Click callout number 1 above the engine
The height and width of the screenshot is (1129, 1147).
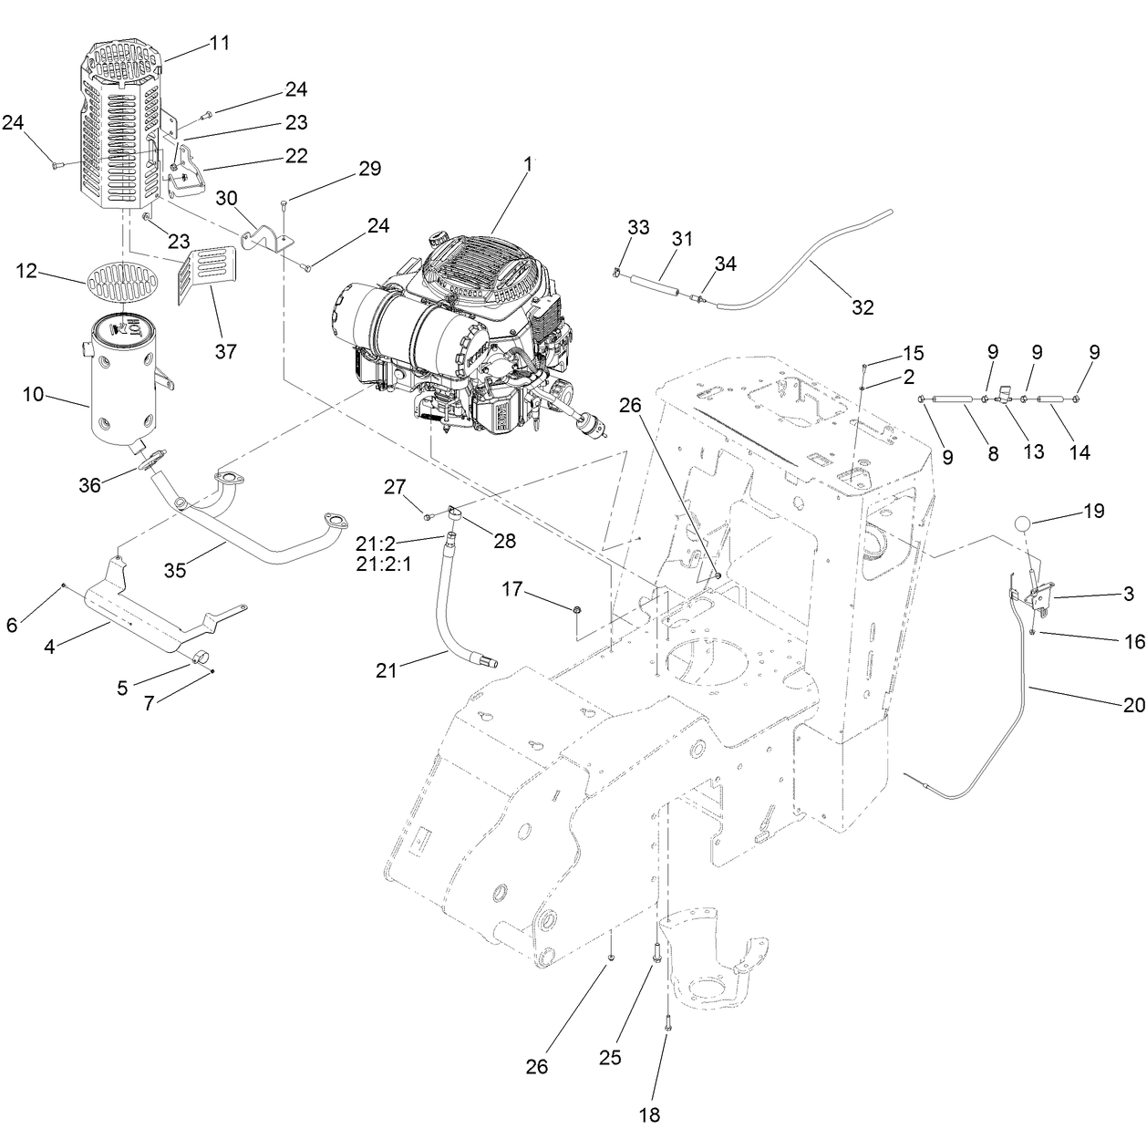point(526,166)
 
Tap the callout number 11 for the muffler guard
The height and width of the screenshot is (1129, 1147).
point(220,43)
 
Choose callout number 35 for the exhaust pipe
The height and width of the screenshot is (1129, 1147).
point(175,570)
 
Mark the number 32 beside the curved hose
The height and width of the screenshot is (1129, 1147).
point(863,307)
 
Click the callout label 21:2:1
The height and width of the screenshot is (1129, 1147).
point(384,564)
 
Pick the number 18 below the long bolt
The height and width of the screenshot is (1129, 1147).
point(649,1113)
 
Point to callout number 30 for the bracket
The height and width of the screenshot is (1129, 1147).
point(226,198)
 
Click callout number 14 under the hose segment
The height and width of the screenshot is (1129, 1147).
point(1079,452)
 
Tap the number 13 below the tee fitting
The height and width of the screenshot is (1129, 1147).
point(1033,452)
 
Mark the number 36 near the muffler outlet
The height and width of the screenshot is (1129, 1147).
point(89,486)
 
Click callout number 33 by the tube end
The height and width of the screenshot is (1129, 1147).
point(638,227)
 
